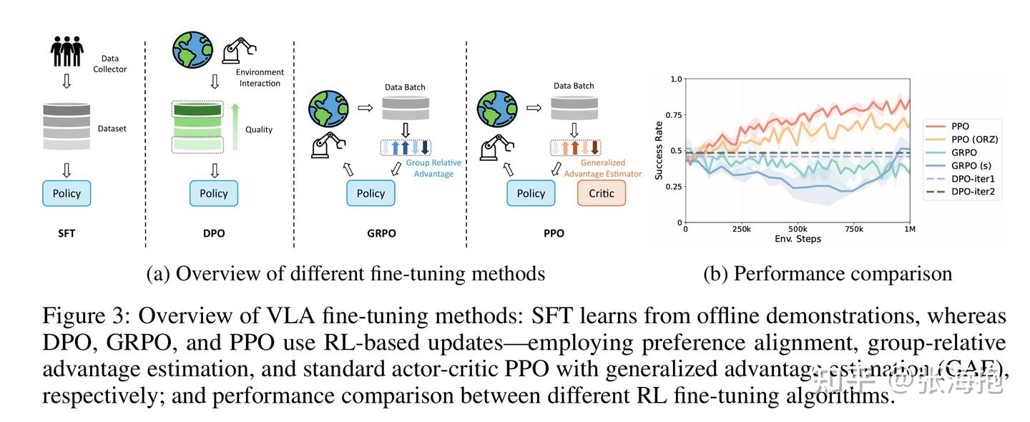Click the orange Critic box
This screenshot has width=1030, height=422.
coord(601,193)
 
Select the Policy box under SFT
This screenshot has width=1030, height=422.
coord(67,193)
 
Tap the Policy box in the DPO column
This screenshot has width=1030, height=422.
coord(213,193)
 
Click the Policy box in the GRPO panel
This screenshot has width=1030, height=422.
coord(371,193)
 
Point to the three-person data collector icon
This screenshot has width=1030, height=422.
coord(67,51)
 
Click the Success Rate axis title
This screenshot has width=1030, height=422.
coord(659,150)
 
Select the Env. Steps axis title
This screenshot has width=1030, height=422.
coord(797,239)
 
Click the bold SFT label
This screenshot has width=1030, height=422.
coord(67,233)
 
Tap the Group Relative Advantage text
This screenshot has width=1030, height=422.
coord(433,168)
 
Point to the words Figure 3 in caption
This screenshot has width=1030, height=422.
coord(82,316)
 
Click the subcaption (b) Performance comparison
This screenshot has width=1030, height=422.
coord(828,273)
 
